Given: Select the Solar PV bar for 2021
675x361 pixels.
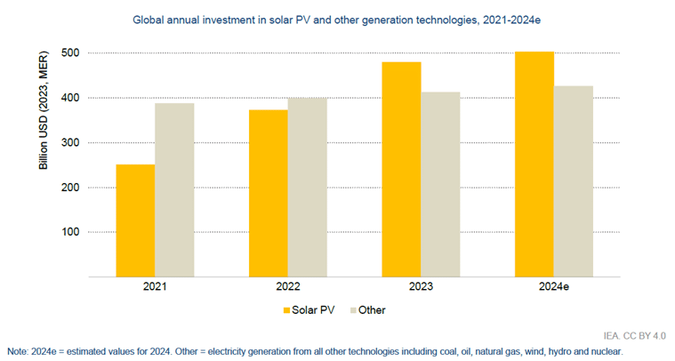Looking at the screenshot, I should [135, 221].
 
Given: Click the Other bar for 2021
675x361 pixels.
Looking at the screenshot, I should [174, 190].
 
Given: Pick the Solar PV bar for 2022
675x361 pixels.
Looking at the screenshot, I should [268, 193].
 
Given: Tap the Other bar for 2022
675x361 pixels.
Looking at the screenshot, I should [307, 187].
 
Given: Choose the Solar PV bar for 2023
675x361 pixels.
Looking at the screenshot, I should [401, 169].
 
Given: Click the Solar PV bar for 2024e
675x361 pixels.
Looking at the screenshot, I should [534, 164].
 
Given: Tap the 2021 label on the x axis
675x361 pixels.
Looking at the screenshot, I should [155, 288].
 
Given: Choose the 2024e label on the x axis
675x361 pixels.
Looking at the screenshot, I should [554, 288].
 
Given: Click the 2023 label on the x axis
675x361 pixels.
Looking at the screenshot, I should [421, 288].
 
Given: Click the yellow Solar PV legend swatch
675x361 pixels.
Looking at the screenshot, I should [287, 310].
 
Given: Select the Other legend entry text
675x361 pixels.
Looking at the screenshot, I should [371, 310].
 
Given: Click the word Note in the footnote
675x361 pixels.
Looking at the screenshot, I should [18, 351].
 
